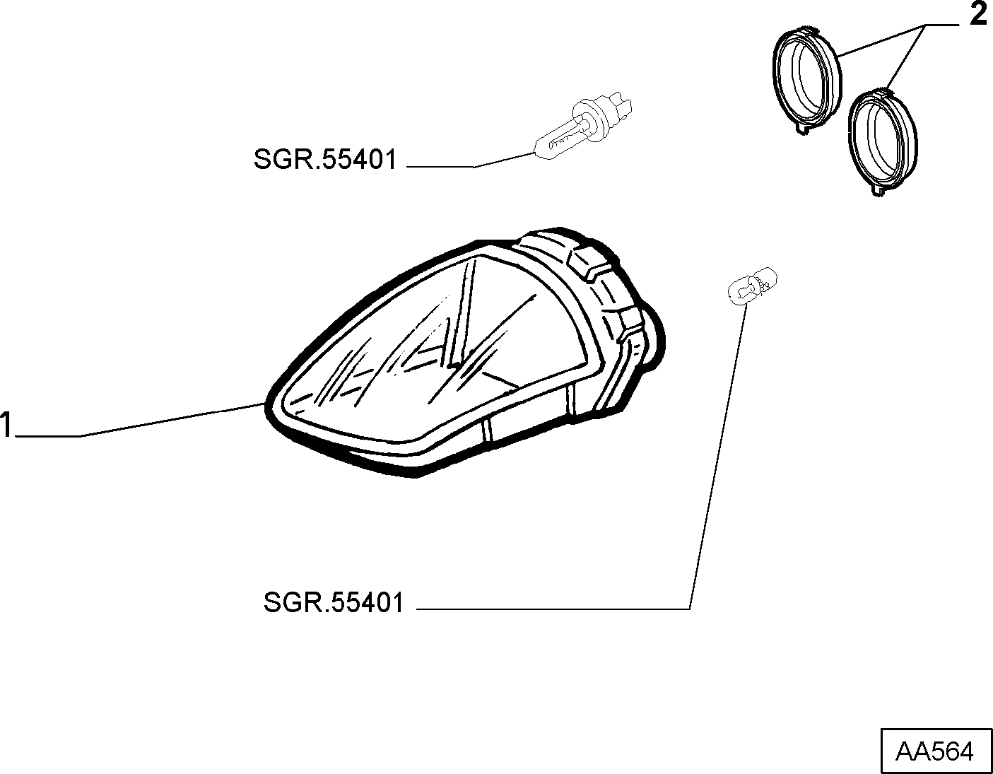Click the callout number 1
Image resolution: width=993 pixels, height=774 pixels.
pyautogui.click(x=6, y=425)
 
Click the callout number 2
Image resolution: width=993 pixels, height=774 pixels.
pyautogui.click(x=978, y=15)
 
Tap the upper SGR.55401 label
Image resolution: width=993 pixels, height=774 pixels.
pyautogui.click(x=325, y=160)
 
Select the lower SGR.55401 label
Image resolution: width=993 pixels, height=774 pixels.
pyautogui.click(x=334, y=602)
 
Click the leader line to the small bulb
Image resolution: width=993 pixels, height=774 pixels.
pyautogui.click(x=717, y=457)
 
